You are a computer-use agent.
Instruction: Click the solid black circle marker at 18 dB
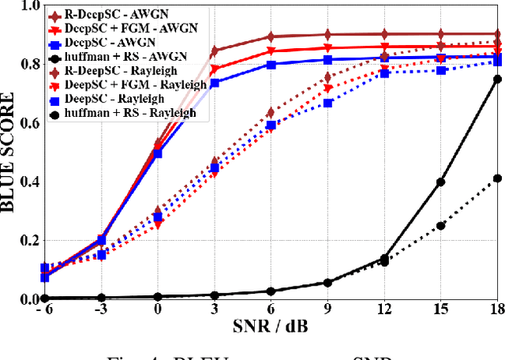click(497, 79)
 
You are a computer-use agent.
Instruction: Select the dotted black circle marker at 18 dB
click(497, 178)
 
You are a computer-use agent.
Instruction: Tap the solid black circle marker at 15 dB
click(441, 182)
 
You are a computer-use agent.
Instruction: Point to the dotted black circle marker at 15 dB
click(441, 226)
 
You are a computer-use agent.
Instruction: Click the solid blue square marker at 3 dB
click(215, 83)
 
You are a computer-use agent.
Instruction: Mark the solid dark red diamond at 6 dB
click(271, 36)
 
